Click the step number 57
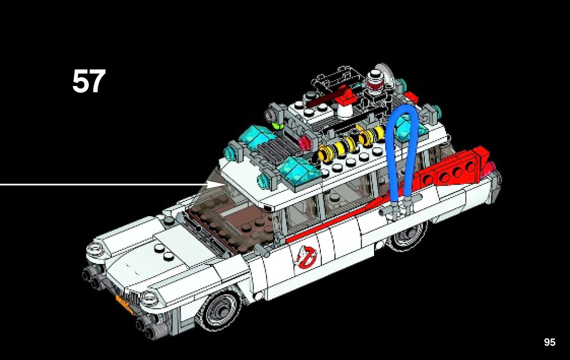click(89, 82)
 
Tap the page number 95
click(549, 342)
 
